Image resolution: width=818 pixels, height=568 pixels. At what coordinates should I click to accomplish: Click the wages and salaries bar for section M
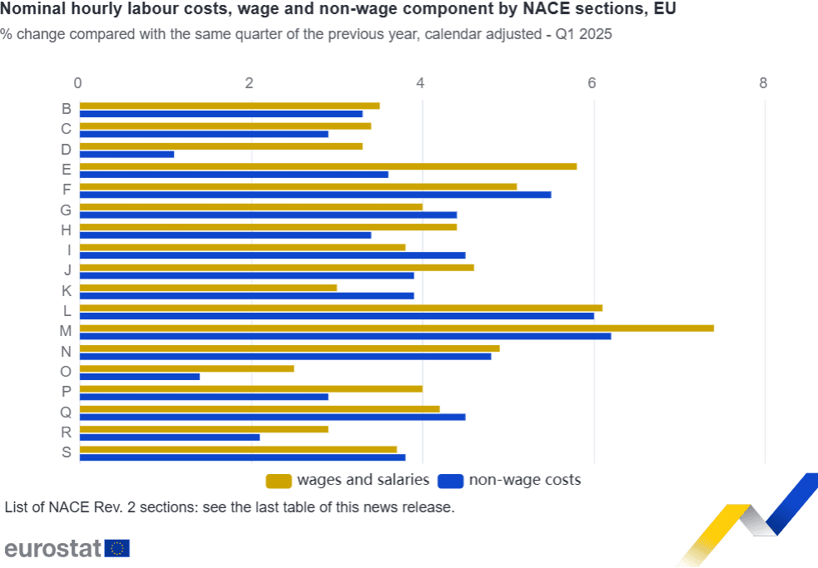click(396, 328)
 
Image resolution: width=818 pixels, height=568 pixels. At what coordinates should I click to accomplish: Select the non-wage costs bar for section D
click(126, 154)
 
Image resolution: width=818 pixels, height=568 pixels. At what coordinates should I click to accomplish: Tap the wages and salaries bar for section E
click(328, 166)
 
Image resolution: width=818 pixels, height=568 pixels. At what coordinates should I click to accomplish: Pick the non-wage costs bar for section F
click(315, 195)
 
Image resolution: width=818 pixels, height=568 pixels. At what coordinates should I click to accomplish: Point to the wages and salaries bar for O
click(186, 368)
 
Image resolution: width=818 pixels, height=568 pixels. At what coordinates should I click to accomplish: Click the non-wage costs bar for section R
click(169, 437)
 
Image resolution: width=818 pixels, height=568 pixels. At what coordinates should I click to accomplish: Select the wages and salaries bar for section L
click(340, 308)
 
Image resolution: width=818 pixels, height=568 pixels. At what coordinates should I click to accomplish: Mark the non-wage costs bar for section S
click(242, 457)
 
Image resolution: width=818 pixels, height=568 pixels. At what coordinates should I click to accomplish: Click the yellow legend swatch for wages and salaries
click(278, 481)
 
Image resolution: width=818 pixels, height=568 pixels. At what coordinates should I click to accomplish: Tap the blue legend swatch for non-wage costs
click(450, 481)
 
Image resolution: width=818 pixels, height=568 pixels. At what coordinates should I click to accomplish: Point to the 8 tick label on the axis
click(763, 83)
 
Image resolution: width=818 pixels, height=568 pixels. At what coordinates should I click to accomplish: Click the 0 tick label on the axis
click(78, 83)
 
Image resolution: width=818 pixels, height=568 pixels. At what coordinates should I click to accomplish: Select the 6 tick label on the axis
click(592, 83)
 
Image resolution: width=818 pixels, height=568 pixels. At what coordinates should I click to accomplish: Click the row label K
click(66, 291)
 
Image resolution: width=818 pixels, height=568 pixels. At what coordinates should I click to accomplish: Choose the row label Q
click(66, 412)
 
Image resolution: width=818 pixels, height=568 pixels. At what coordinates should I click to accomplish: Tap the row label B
click(66, 109)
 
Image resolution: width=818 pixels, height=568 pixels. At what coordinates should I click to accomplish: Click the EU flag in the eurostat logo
click(117, 548)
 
